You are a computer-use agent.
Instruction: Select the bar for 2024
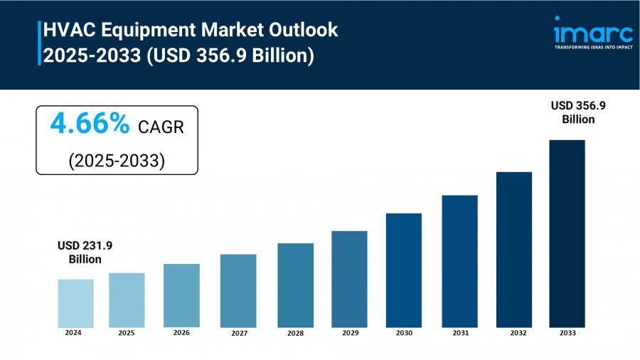pos(75,302)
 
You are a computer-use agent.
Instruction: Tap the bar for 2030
pos(404,270)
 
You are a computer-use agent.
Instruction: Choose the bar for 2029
pos(349,278)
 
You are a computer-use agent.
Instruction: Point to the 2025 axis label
pos(126,332)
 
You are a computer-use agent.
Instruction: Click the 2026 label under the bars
pos(181,332)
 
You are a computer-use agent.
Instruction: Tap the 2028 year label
pos(295,333)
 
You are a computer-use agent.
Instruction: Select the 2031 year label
pos(460,332)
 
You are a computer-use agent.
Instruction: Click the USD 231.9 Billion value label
pos(85,252)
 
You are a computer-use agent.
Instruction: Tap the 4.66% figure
pos(90,125)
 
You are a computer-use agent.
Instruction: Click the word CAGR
pos(161,127)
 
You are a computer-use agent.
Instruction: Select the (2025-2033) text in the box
pos(117,160)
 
